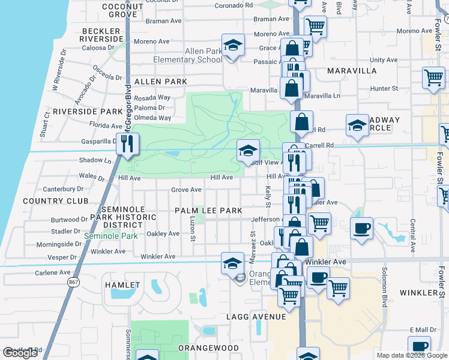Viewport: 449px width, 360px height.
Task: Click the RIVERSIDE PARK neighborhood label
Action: click(x=88, y=112)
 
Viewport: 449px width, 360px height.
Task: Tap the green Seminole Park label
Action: click(x=111, y=236)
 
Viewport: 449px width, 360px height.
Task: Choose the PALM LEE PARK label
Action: click(x=208, y=211)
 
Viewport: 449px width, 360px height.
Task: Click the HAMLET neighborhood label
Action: click(x=122, y=284)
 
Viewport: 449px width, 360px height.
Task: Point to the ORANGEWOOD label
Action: click(x=208, y=347)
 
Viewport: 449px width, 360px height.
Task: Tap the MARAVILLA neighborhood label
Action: click(x=352, y=71)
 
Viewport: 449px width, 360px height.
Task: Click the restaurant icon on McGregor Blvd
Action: click(x=127, y=144)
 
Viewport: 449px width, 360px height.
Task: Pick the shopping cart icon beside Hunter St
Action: click(x=433, y=77)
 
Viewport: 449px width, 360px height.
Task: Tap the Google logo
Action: click(x=20, y=353)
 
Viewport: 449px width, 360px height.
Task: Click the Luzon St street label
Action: click(x=193, y=229)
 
